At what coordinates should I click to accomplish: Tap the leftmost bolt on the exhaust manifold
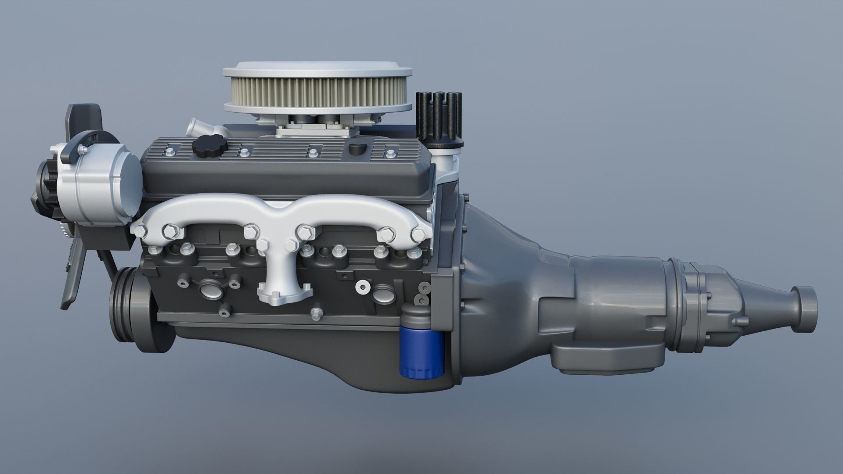tap(140, 231)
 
